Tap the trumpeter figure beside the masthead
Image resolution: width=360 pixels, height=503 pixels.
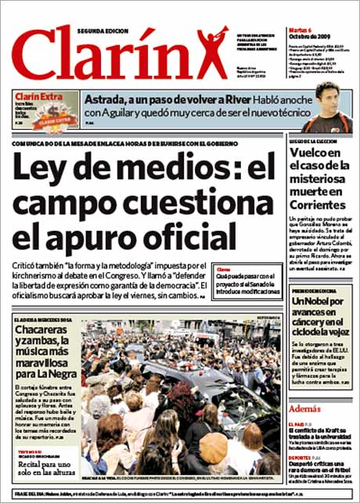[x=211, y=49]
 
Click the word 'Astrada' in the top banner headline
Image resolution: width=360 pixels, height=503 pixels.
[x=107, y=99]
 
